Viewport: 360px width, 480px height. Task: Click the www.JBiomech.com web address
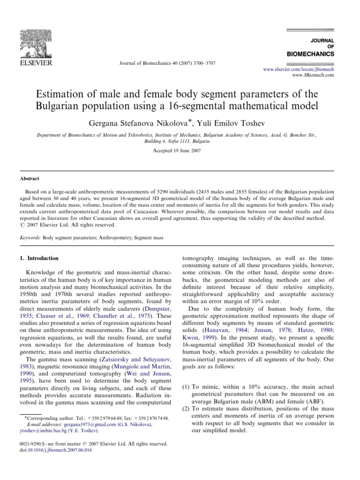313,75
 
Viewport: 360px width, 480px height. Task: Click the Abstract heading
29,179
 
